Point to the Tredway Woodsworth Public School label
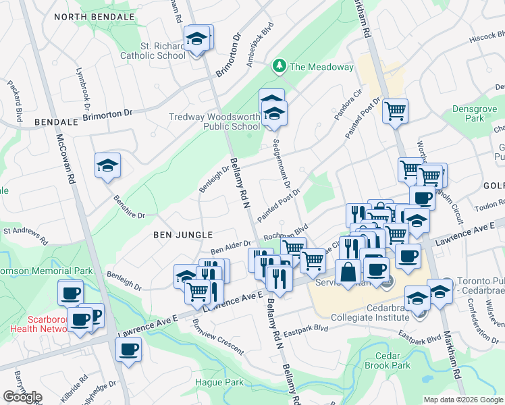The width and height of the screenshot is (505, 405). [x=214, y=122]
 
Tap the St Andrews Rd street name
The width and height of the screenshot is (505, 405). [x=26, y=235]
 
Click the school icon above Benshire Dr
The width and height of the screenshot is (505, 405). [x=107, y=165]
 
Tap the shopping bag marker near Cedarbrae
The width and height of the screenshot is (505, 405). [x=348, y=273]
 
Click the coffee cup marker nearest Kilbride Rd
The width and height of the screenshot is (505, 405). [x=128, y=350]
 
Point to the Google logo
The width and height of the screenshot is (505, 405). [x=22, y=396]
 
